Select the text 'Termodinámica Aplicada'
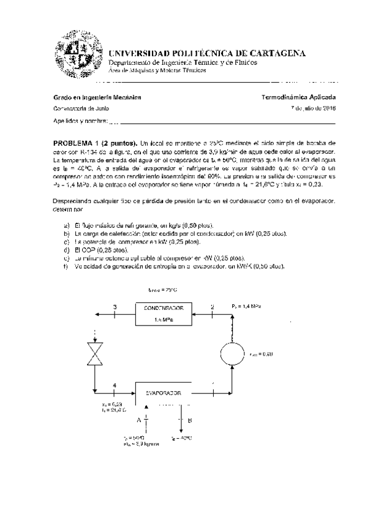click(298, 97)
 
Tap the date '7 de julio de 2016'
click(313, 108)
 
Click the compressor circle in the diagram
click(232, 353)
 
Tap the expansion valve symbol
click(95, 353)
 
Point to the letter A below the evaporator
click(138, 420)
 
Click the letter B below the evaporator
click(190, 420)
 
